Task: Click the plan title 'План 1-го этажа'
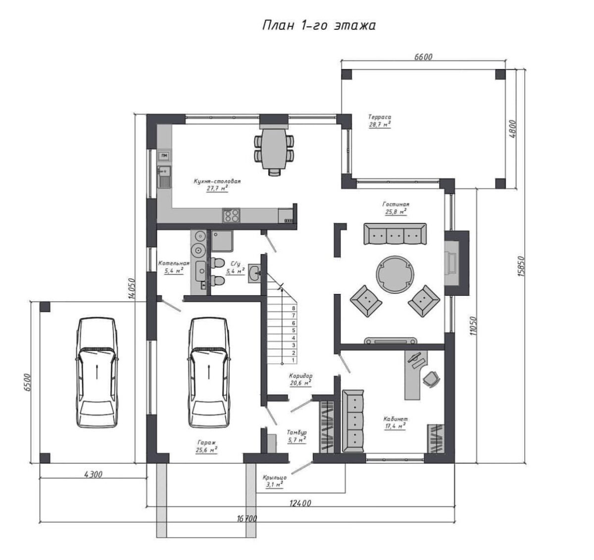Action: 319,26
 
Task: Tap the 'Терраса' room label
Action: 380,117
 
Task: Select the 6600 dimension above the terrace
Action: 423,56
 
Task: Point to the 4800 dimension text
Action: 512,129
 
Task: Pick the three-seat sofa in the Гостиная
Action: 395,234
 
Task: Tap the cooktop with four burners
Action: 231,215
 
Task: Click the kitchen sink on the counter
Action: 164,177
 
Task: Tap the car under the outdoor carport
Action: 97,373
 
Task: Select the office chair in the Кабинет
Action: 431,379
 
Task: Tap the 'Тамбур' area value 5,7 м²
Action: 297,440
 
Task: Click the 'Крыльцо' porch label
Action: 275,477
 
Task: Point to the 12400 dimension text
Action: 300,503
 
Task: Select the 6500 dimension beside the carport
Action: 27,382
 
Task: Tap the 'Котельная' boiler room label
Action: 174,263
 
